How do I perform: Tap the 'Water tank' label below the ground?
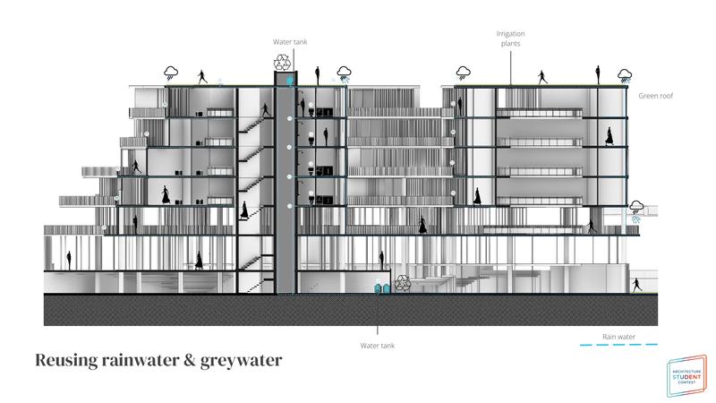[x=378, y=345]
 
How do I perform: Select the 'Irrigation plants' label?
[x=511, y=39]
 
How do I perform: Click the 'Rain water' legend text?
[x=618, y=336]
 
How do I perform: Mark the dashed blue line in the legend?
[x=618, y=345]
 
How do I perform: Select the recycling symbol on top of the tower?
[x=284, y=62]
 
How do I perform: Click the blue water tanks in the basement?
[x=381, y=287]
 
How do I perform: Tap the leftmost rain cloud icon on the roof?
[x=171, y=72]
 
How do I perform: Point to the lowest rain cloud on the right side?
[x=637, y=209]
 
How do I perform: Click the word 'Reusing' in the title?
[x=69, y=361]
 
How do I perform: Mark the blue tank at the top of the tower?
[x=287, y=80]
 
